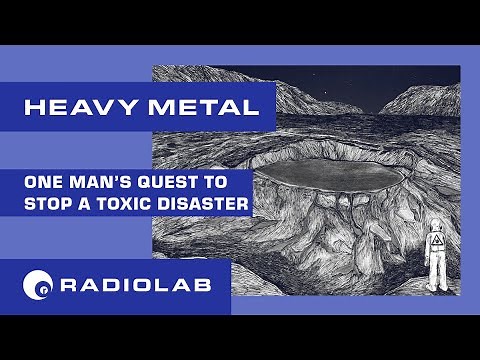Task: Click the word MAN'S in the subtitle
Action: [104, 185]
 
